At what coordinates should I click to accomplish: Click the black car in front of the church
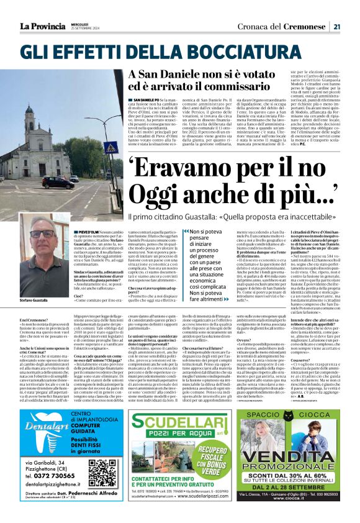[57, 183]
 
